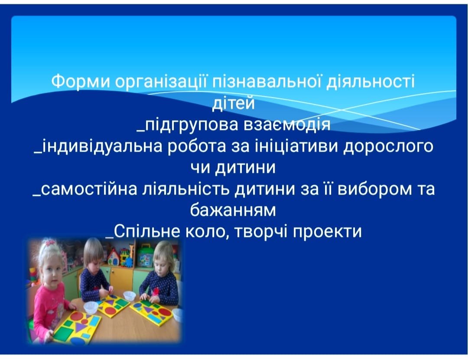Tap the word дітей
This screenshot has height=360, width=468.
pyautogui.click(x=234, y=103)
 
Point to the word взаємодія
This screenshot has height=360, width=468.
pyautogui.click(x=287, y=124)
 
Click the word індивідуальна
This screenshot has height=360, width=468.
pyautogui.click(x=101, y=146)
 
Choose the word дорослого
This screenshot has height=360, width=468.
pyautogui.click(x=388, y=147)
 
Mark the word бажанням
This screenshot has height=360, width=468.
pyautogui.click(x=233, y=210)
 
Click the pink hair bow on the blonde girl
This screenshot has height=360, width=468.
pyautogui.click(x=50, y=242)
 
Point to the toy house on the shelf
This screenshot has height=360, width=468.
pyautogui.click(x=114, y=257)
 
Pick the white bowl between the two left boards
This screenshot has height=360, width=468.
pyautogui.click(x=91, y=307)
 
